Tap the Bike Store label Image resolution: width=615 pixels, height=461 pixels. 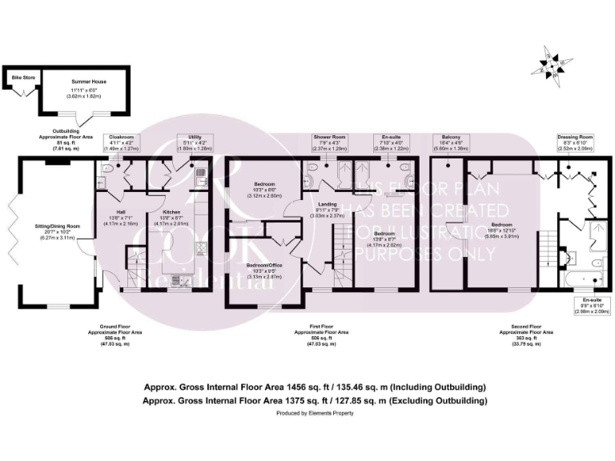(x=21, y=78)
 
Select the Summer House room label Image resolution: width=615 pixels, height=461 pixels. (x=78, y=82)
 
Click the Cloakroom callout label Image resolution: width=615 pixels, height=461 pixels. (x=121, y=142)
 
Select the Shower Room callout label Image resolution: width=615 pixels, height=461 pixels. (x=328, y=142)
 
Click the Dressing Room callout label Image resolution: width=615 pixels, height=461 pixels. (x=575, y=142)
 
